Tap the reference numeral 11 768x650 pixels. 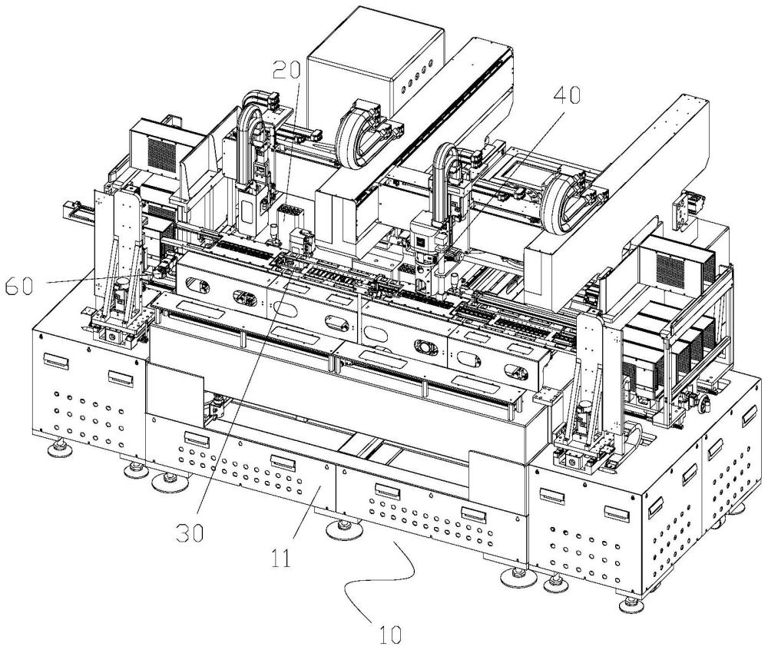click(282, 558)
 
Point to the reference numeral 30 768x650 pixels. click(190, 533)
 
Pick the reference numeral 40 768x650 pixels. click(567, 95)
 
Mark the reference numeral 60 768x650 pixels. click(20, 286)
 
